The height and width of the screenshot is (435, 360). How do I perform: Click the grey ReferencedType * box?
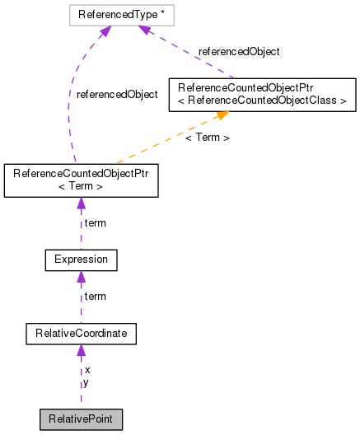(125, 14)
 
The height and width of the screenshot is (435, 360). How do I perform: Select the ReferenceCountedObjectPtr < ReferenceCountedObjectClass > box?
(262, 94)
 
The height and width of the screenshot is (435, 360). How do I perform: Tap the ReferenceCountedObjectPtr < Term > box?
(81, 180)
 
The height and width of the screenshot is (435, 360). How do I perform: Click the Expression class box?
(81, 260)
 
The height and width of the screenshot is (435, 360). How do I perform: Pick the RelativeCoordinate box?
(81, 334)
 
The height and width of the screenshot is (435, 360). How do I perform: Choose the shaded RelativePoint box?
(81, 419)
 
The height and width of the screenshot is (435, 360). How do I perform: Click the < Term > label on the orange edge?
(207, 138)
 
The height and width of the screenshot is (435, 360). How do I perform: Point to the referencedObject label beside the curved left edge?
(116, 95)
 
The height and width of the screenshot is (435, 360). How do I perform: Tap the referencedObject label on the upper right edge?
(238, 51)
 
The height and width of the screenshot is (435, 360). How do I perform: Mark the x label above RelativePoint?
(87, 370)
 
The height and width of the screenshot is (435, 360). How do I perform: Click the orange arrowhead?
(221, 116)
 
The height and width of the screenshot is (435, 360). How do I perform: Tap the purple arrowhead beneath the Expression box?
(81, 277)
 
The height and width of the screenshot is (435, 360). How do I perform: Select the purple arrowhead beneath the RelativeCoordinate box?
(81, 351)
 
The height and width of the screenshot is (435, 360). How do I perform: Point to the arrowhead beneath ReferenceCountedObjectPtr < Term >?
(81, 203)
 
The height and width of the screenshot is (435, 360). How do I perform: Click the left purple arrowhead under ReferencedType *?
(105, 31)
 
